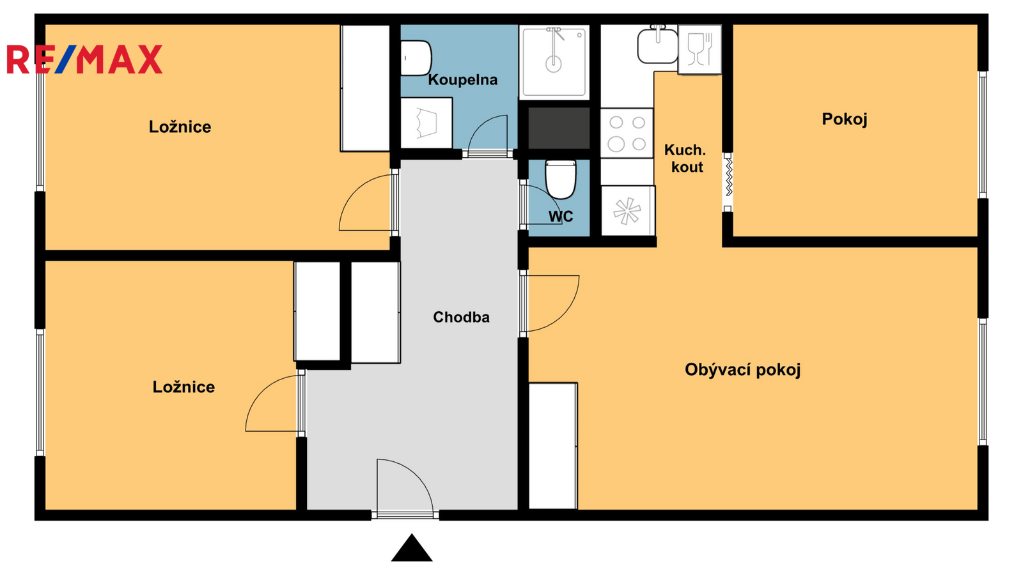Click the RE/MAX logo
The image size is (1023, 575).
pyautogui.click(x=84, y=59)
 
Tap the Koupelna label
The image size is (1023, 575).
pyautogui.click(x=463, y=80)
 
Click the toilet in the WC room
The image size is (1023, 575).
pyautogui.click(x=560, y=179)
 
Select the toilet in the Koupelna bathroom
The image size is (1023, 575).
pyautogui.click(x=416, y=58)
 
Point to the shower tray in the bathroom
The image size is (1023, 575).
pyautogui.click(x=554, y=62)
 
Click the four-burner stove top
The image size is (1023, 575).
pyautogui.click(x=627, y=134)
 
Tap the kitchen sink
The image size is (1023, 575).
pyautogui.click(x=658, y=45)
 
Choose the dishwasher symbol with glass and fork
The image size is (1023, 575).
pyautogui.click(x=699, y=49)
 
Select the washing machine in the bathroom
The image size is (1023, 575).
pyautogui.click(x=426, y=123)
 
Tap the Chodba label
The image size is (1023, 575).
pyautogui.click(x=461, y=317)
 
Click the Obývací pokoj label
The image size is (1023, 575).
pyautogui.click(x=742, y=370)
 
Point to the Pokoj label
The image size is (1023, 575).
pyautogui.click(x=845, y=119)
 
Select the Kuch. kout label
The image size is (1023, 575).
pyautogui.click(x=685, y=158)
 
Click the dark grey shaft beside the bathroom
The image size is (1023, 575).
pyautogui.click(x=559, y=128)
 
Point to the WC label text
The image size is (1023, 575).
pyautogui.click(x=561, y=217)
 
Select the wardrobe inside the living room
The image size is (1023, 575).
pyautogui.click(x=553, y=446)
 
